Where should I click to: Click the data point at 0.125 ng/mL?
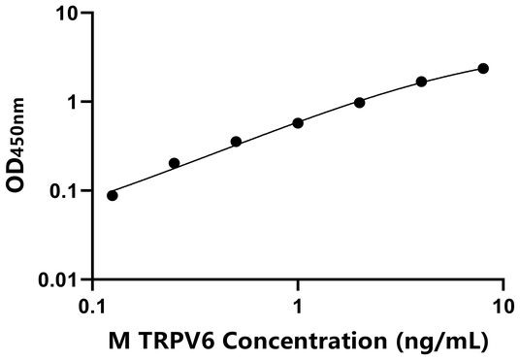point(113,195)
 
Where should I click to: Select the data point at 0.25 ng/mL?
point(175,163)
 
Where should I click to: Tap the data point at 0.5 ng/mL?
point(236,142)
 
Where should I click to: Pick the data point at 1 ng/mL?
point(298,123)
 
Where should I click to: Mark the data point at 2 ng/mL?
point(360,102)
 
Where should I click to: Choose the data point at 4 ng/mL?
point(422,82)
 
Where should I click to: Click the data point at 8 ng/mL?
point(483,68)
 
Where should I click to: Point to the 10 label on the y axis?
point(66,14)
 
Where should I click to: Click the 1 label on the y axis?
point(72,102)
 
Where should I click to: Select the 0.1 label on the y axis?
point(64,191)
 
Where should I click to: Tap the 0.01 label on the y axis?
point(59,280)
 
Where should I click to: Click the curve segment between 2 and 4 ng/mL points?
point(391,91)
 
